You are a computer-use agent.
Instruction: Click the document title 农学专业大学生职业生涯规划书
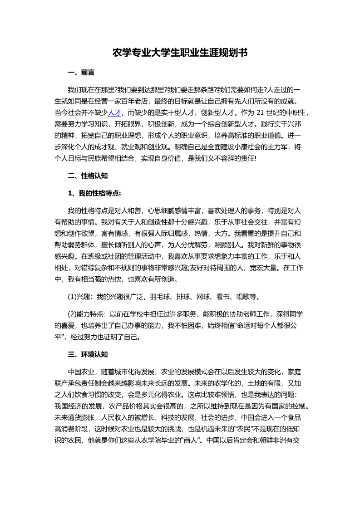tap(180, 53)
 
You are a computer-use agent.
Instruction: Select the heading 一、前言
tap(81, 73)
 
